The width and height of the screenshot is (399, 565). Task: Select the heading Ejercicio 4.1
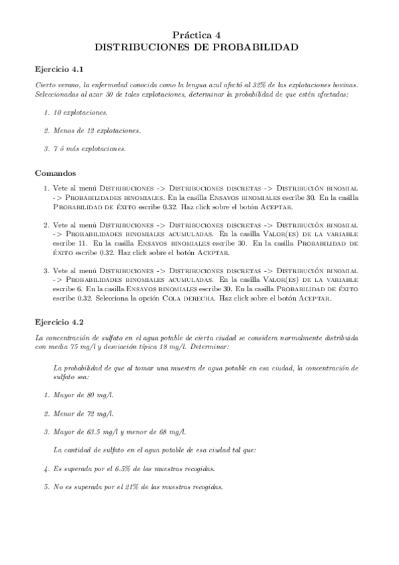59,69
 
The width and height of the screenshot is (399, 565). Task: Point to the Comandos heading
56,173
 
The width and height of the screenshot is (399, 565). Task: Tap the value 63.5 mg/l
117,430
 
